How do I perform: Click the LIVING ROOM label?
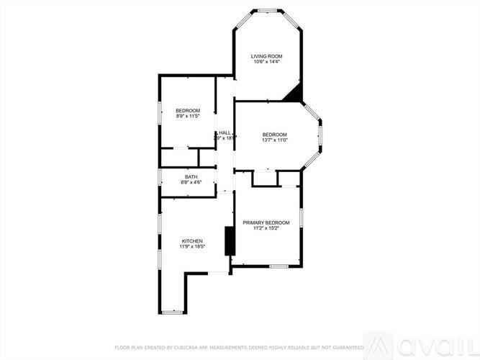pyautogui.click(x=266, y=56)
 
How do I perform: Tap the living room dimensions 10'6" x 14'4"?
pyautogui.click(x=266, y=62)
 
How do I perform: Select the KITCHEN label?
pyautogui.click(x=192, y=240)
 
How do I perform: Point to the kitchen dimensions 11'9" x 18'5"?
pyautogui.click(x=192, y=246)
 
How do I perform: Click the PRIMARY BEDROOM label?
pyautogui.click(x=266, y=222)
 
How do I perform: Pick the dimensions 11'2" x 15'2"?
pyautogui.click(x=266, y=228)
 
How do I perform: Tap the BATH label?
pyautogui.click(x=191, y=176)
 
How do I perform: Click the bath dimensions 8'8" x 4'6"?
pyautogui.click(x=191, y=182)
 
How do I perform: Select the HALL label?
pyautogui.click(x=225, y=132)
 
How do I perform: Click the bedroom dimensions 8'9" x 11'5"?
pyautogui.click(x=187, y=115)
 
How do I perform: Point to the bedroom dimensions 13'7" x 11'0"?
pyautogui.click(x=274, y=140)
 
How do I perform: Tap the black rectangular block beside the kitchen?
pyautogui.click(x=230, y=240)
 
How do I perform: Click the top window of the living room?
pyautogui.click(x=268, y=10)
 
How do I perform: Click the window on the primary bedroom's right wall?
pyautogui.click(x=302, y=218)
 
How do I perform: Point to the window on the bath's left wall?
pyautogui.click(x=160, y=177)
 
